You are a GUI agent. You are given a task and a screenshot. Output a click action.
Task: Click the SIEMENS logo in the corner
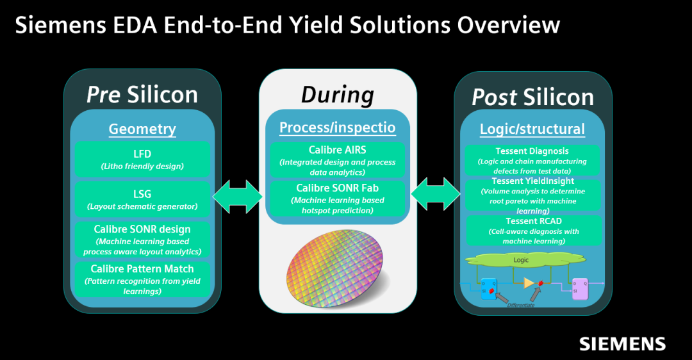click(622, 343)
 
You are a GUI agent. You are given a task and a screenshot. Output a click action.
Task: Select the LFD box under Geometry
click(142, 160)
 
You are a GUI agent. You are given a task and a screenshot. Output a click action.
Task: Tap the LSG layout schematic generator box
click(142, 199)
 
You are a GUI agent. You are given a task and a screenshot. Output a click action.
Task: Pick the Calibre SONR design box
click(142, 239)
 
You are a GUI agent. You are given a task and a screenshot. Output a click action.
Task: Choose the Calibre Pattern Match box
click(142, 279)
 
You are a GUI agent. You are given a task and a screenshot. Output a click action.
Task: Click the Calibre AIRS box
click(338, 161)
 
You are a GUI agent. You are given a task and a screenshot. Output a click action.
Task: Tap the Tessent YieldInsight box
click(532, 195)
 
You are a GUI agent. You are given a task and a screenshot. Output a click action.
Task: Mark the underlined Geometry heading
click(142, 129)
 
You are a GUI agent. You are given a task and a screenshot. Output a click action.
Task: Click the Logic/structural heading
click(532, 129)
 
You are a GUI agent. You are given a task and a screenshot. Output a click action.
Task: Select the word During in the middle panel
click(338, 95)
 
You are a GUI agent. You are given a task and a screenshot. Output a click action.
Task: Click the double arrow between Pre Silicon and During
click(237, 197)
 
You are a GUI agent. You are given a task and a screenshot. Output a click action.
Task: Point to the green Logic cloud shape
click(520, 261)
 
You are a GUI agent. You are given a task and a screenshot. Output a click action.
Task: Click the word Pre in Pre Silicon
click(104, 95)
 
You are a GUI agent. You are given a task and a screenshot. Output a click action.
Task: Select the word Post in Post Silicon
click(494, 97)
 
